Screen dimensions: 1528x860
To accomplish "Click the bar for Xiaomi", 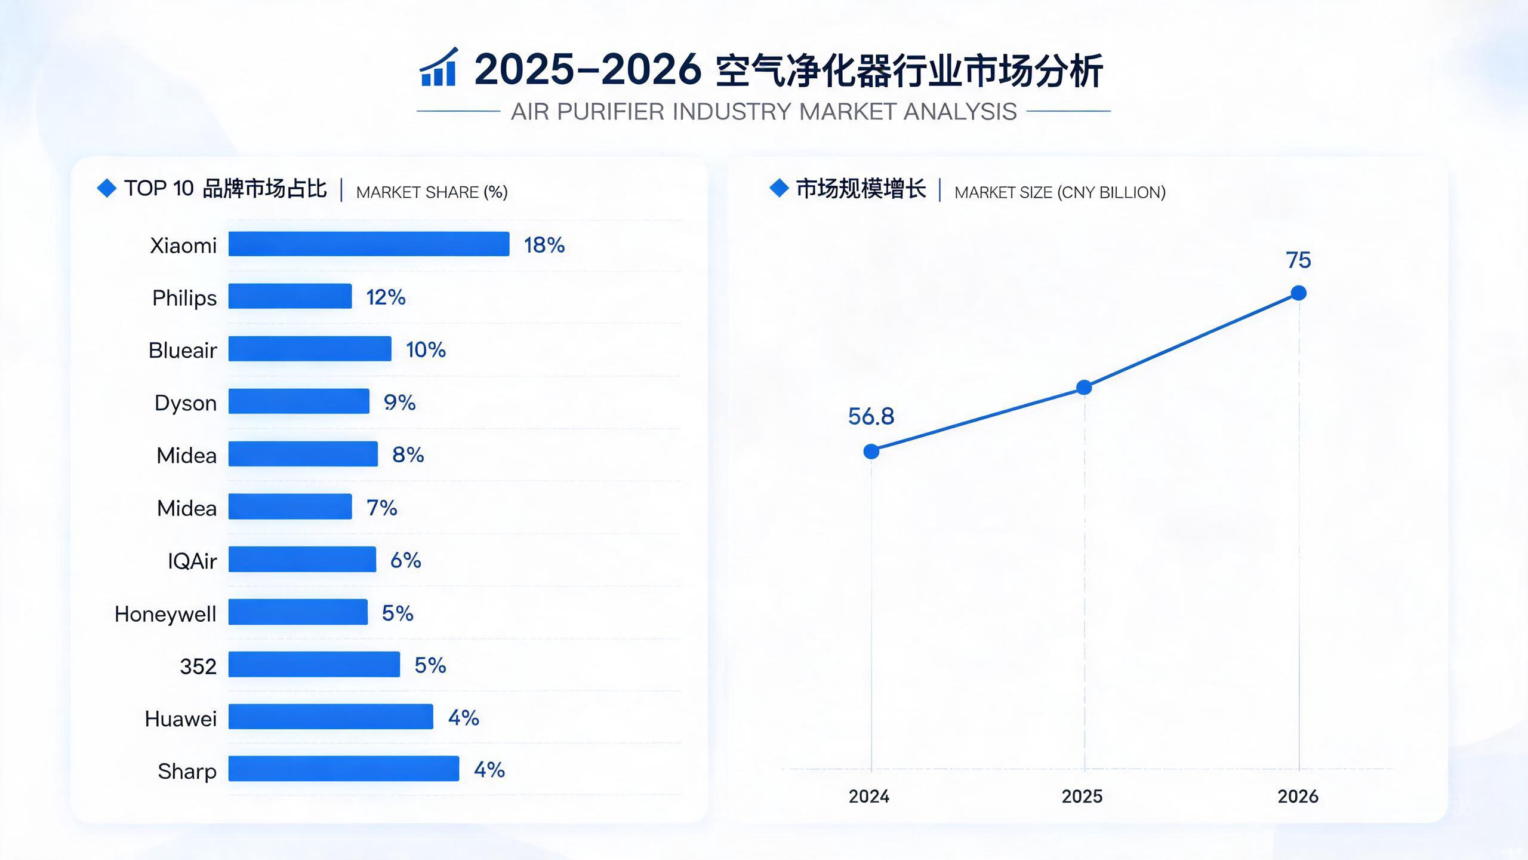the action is (369, 244).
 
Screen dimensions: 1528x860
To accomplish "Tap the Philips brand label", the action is (184, 298).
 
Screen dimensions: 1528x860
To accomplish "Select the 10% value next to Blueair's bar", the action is (426, 349).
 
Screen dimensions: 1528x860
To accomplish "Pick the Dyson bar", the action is (299, 401).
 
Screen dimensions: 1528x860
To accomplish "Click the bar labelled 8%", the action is (303, 454).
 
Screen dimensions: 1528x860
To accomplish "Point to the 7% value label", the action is (382, 508).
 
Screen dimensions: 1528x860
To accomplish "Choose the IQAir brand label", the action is (192, 561).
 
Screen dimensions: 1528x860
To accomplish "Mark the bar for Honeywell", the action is (298, 612).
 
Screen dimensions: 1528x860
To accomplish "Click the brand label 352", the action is (198, 666).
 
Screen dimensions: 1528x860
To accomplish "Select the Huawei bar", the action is (331, 717).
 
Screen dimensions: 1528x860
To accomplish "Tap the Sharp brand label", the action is (187, 772).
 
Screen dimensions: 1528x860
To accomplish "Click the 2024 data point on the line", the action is (871, 451).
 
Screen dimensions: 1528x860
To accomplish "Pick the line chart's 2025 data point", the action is (1084, 388).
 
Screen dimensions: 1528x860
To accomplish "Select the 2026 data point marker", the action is (1299, 293).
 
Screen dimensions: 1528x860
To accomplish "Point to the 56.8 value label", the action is (871, 416).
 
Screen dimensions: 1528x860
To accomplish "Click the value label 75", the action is (1298, 260).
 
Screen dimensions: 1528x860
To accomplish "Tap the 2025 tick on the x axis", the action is (1082, 796).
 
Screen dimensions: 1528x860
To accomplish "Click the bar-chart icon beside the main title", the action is (439, 67).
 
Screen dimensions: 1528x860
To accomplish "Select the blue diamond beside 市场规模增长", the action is (779, 188).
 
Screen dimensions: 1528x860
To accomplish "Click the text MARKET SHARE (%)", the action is (432, 192).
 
